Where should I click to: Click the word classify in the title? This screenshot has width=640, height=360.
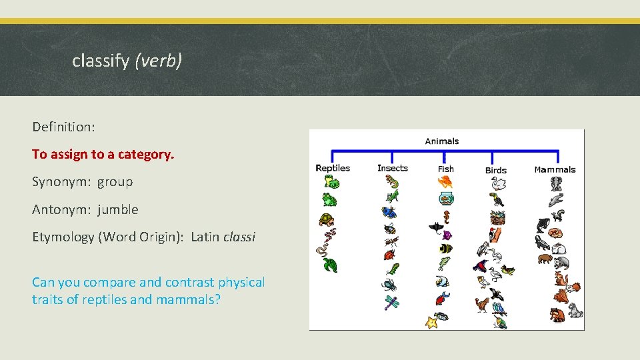tap(100, 61)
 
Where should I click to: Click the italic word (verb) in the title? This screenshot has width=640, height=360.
tap(158, 61)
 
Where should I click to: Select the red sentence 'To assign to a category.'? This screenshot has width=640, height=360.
tap(103, 154)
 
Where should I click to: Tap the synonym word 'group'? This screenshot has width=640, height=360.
tap(115, 181)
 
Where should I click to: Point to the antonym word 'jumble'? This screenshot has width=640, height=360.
tap(118, 209)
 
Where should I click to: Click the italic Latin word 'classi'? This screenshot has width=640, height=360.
tap(239, 237)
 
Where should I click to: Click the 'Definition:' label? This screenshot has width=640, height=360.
tap(62, 126)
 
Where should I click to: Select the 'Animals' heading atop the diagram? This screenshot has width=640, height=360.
tap(442, 141)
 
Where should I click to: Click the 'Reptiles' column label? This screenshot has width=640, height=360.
tap(332, 168)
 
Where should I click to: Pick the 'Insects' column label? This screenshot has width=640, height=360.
tap(392, 168)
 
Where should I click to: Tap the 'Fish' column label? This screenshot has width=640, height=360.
tap(445, 169)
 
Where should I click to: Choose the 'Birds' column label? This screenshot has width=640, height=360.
tap(496, 170)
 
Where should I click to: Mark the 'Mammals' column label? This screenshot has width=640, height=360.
tap(555, 169)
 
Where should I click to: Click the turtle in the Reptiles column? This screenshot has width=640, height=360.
tap(326, 219)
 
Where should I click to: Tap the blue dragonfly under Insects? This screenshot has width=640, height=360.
tap(391, 303)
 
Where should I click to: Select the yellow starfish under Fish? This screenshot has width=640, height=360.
tap(431, 323)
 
